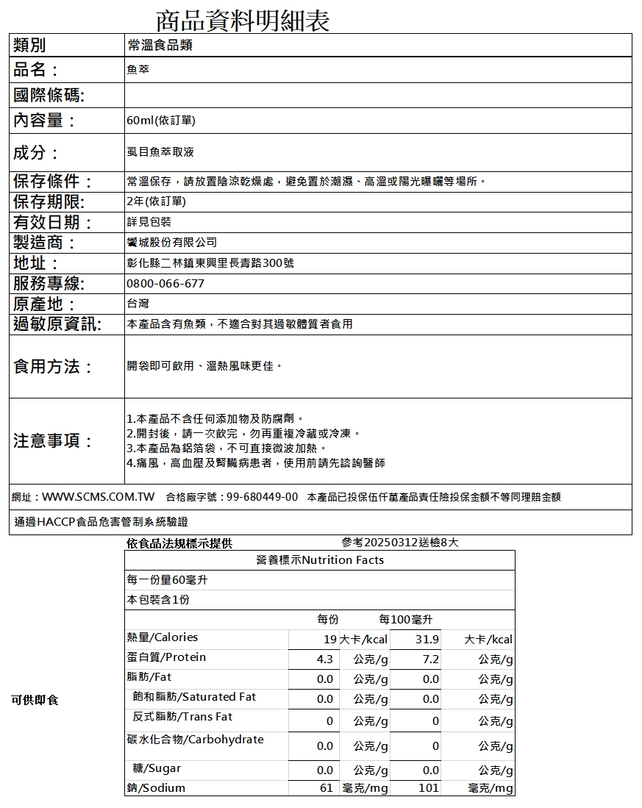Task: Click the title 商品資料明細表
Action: tap(243, 20)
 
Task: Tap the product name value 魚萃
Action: tap(138, 71)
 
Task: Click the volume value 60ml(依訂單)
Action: tap(161, 120)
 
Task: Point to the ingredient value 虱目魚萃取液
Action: tap(160, 152)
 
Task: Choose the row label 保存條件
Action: tap(52, 181)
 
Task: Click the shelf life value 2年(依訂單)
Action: tap(156, 201)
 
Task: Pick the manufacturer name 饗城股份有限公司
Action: tap(172, 242)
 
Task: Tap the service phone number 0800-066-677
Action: tap(165, 283)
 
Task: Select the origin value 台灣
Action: tap(138, 303)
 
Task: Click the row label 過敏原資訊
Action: tap(57, 323)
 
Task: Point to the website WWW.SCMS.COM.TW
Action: tap(98, 497)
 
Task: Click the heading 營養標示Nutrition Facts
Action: tap(320, 560)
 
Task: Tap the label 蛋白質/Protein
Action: tap(167, 657)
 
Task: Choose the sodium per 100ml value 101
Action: tap(428, 788)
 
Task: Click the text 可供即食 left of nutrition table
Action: tap(35, 699)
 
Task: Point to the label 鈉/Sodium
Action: tap(156, 788)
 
